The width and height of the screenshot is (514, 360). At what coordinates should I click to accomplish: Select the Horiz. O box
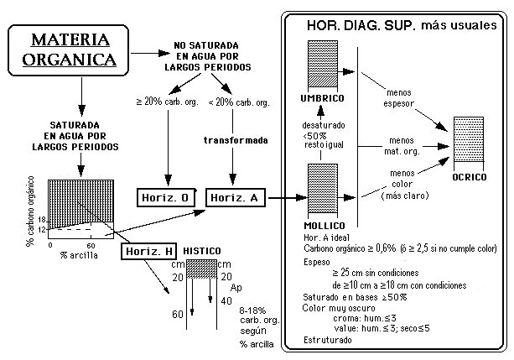tap(166, 197)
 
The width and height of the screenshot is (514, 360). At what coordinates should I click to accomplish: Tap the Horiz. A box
tap(236, 197)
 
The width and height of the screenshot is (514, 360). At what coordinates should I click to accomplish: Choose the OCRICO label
tap(470, 178)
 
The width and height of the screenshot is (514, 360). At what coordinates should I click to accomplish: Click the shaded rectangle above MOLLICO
tap(322, 191)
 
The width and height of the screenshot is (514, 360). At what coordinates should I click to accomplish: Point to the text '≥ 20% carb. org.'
tap(167, 103)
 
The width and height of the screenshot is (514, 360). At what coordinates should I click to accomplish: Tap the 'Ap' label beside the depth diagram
tap(236, 287)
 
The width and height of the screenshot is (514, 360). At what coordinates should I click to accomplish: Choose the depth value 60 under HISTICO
tap(177, 316)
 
